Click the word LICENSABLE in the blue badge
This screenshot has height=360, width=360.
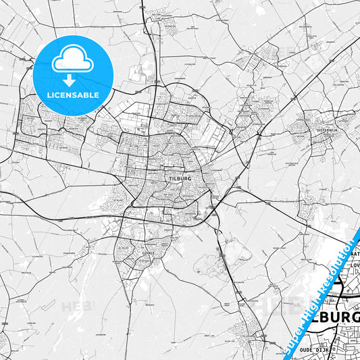(72, 95)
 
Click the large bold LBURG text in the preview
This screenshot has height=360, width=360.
(338, 317)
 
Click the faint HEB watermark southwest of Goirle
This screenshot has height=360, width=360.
(78, 307)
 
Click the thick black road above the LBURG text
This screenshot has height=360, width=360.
(348, 295)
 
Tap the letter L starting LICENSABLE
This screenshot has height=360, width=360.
(48, 95)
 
